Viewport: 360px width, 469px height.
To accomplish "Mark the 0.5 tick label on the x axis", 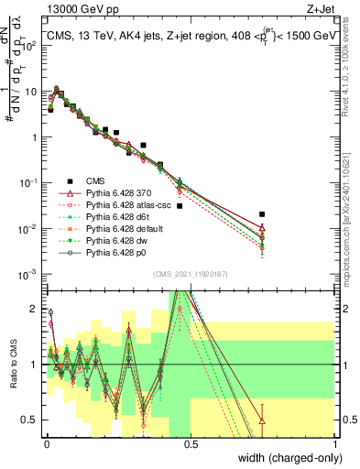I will tap(191, 443).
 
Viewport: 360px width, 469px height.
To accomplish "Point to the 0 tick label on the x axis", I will tap(48, 443).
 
